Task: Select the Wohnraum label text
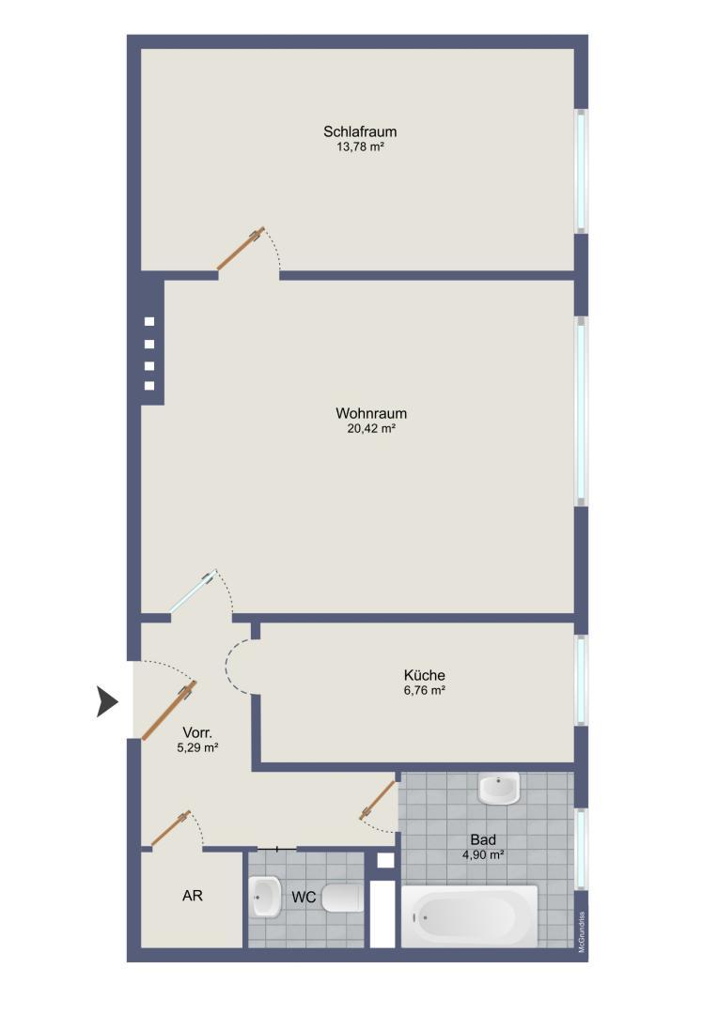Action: point(371,413)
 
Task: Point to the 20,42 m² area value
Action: point(371,428)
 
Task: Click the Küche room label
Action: point(424,675)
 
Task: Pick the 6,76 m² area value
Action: point(424,690)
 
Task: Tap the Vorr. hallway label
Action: point(197,732)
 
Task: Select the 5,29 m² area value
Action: point(197,747)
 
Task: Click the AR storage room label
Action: point(193,896)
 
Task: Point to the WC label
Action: point(304,898)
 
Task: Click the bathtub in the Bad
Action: point(470,916)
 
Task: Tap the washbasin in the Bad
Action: point(499,789)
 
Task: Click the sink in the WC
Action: point(266,898)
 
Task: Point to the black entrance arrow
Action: point(107,701)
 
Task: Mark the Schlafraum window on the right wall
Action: point(582,171)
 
